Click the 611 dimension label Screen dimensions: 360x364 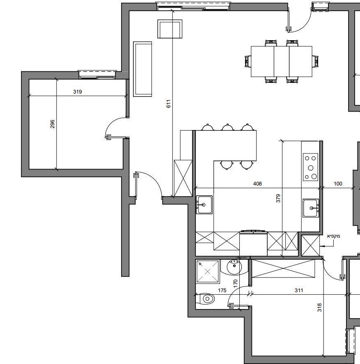[169, 103]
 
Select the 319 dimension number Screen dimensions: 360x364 [77, 92]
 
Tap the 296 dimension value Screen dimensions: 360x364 [53, 124]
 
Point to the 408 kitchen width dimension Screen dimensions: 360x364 [257, 183]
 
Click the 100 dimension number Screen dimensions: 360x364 [338, 183]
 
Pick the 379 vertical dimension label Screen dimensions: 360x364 [278, 198]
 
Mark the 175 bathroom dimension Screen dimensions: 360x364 [222, 291]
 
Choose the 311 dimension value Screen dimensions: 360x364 [299, 291]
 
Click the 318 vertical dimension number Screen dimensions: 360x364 [320, 307]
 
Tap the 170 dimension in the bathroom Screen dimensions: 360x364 [236, 284]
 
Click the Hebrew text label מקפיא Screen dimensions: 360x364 [333, 236]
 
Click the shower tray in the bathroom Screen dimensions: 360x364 [208, 272]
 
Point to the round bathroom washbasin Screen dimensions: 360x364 [234, 267]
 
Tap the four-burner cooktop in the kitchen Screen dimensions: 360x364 [310, 167]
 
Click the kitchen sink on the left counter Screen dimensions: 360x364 [204, 205]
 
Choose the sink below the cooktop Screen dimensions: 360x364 [311, 208]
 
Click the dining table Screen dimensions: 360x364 [282, 61]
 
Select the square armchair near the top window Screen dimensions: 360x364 [170, 29]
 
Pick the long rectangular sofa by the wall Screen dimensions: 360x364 [142, 69]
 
